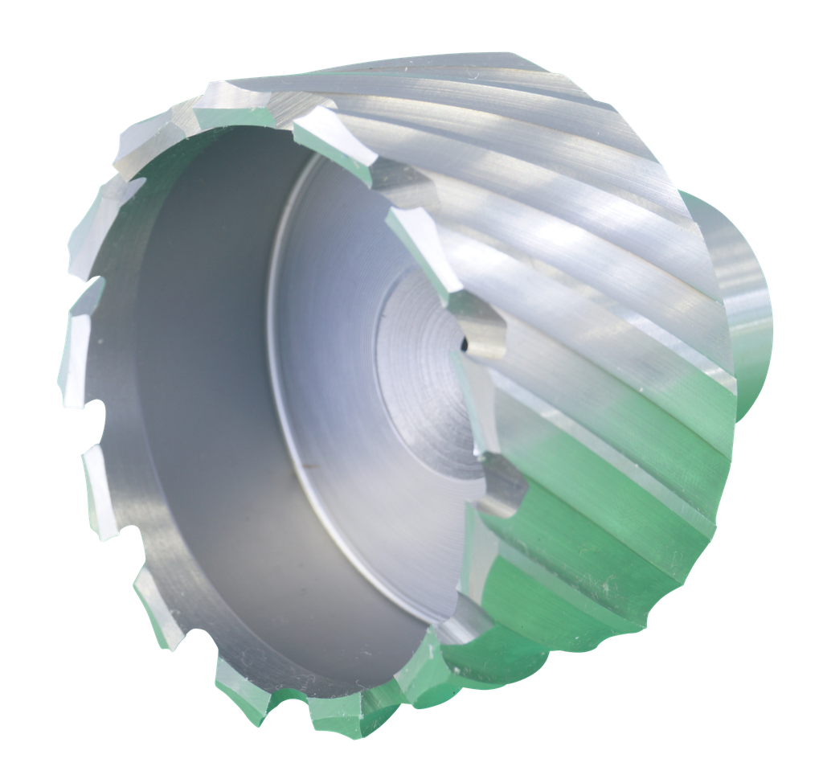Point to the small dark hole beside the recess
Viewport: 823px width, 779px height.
(463, 343)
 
